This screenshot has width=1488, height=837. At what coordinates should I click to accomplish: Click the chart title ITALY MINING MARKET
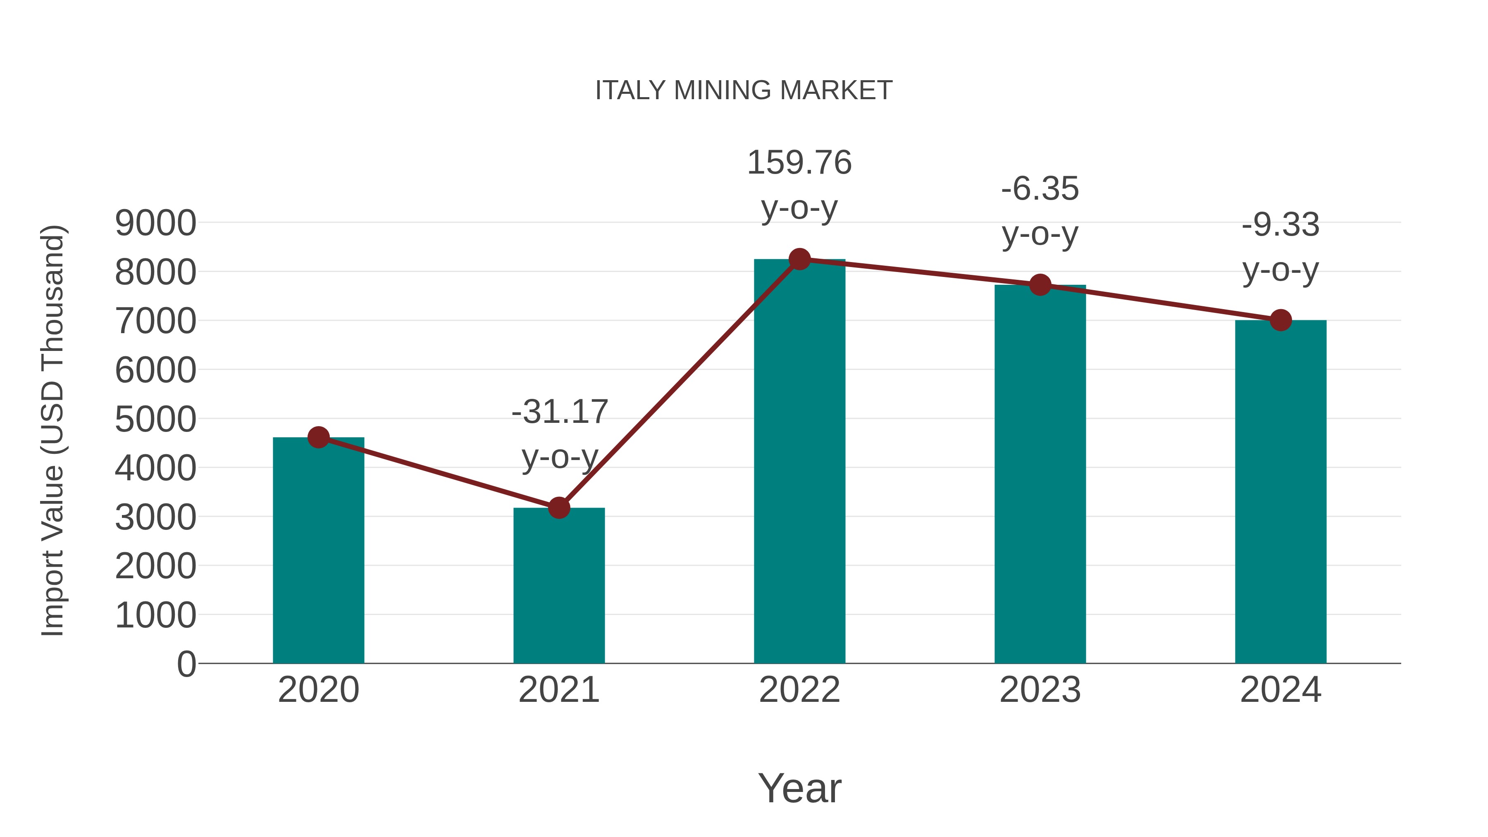[x=744, y=91]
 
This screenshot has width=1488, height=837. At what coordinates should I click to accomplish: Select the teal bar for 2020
[x=318, y=555]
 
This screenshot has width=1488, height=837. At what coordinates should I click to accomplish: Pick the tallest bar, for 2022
[x=799, y=462]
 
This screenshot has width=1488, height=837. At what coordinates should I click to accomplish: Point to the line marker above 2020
[x=318, y=437]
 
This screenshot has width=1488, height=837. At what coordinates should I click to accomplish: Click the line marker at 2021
[x=558, y=508]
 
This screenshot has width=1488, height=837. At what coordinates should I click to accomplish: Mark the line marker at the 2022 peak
[x=799, y=259]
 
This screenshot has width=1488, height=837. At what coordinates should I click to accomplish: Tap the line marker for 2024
[x=1281, y=320]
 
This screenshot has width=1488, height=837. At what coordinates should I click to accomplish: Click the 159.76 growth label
[x=799, y=162]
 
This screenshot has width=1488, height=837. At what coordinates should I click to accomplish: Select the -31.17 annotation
[x=559, y=412]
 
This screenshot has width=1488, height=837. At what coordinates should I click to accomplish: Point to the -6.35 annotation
[x=1040, y=189]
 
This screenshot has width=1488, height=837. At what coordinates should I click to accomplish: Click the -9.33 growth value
[x=1280, y=225]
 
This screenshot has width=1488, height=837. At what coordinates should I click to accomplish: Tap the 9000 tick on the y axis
[x=155, y=223]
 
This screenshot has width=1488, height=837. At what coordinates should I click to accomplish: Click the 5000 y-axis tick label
[x=155, y=420]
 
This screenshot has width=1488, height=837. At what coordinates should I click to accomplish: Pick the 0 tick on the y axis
[x=186, y=664]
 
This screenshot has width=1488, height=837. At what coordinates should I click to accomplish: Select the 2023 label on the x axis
[x=1040, y=690]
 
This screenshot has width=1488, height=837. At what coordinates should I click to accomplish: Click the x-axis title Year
[x=799, y=788]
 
